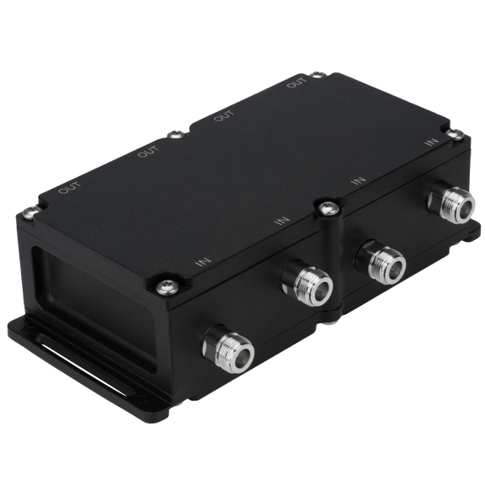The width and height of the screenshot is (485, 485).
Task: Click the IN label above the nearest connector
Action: tap(202, 261)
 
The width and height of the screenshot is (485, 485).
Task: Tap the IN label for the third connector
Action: tap(360, 180)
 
